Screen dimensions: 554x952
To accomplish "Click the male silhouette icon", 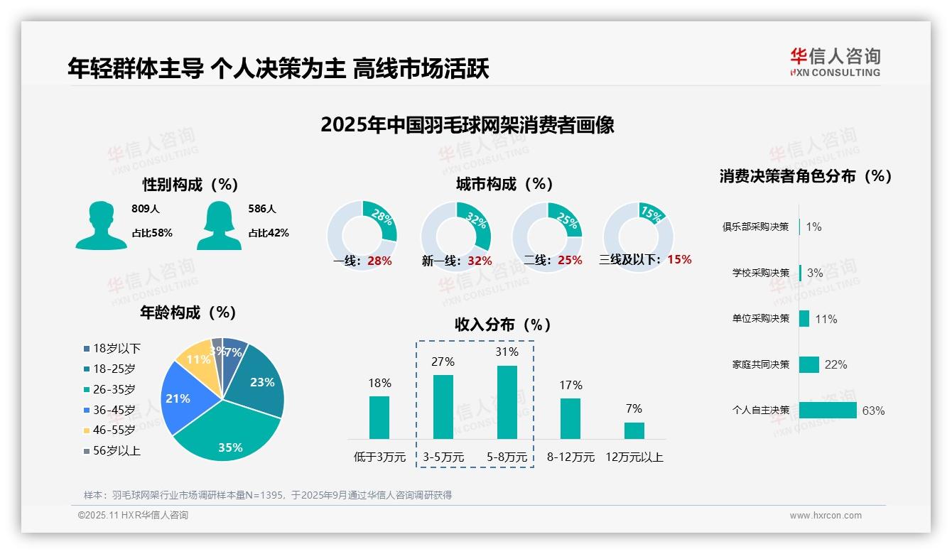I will [102, 225].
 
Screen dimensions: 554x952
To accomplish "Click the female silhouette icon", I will [219, 225].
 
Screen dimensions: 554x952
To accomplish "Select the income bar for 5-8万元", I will [507, 402].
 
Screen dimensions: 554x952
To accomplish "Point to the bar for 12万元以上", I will [634, 430].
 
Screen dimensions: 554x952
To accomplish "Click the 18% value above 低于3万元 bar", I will [379, 384].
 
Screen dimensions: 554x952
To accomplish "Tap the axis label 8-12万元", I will [570, 457].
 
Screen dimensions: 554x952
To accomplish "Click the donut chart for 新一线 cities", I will [455, 237].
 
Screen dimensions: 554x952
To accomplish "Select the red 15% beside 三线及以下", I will [679, 259].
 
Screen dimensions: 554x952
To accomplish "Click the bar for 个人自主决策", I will [828, 411].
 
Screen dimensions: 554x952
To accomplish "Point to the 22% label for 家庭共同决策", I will [835, 364].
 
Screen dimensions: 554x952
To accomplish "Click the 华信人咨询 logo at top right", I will [835, 62].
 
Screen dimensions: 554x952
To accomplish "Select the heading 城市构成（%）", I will [504, 184].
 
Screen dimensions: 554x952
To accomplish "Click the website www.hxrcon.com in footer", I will [826, 516].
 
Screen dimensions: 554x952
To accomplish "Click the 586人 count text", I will [262, 209].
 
